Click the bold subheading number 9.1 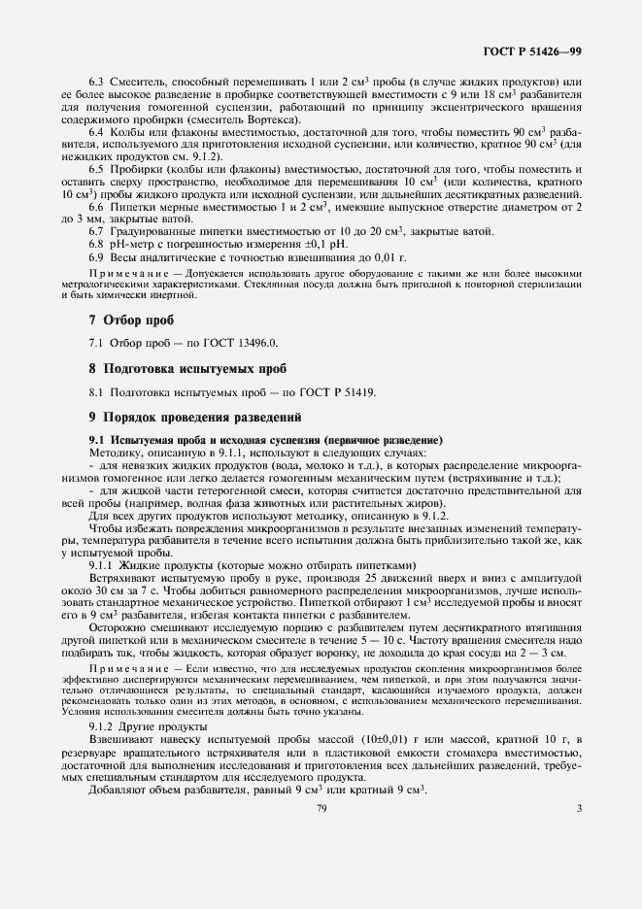click(98, 440)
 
